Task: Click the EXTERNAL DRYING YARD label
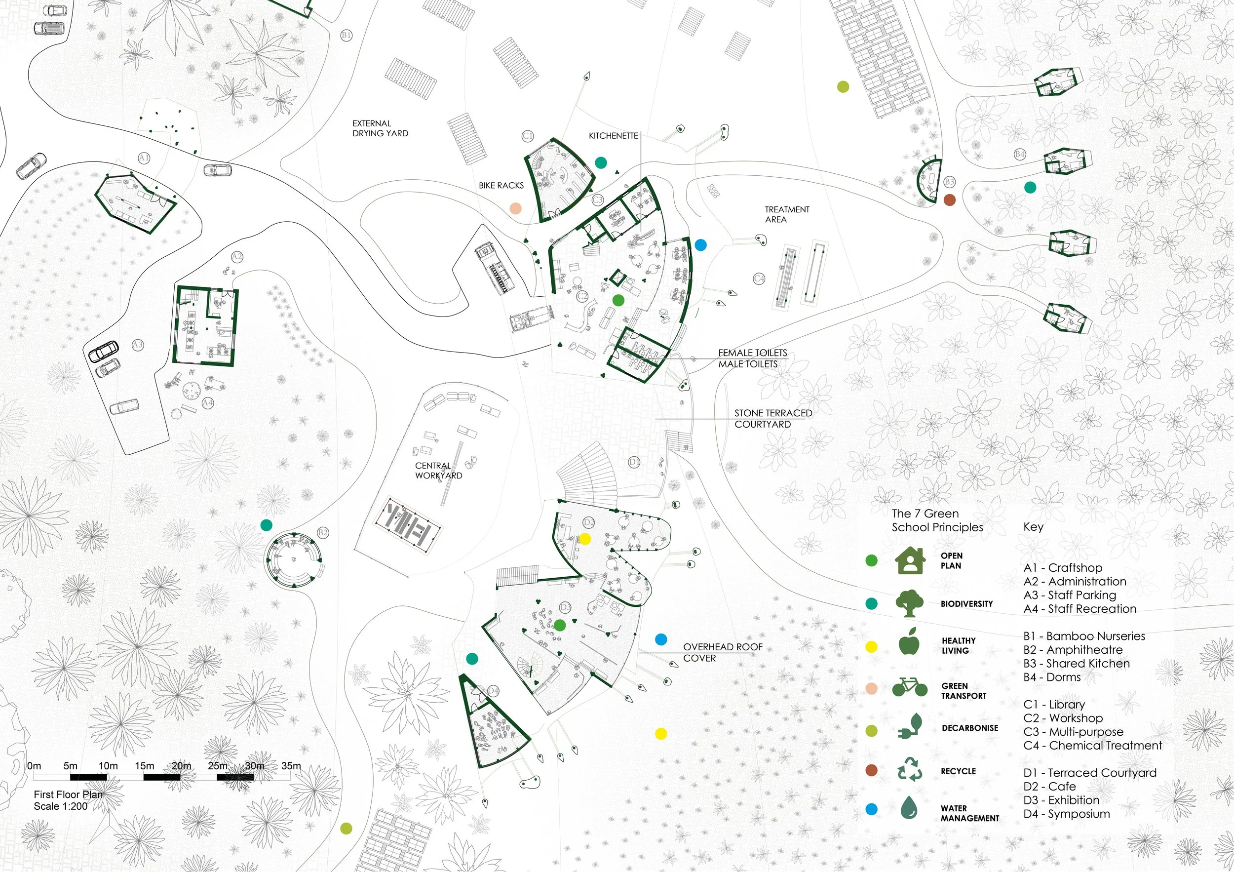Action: (380, 128)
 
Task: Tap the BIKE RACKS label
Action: (501, 186)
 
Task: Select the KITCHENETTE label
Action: (613, 136)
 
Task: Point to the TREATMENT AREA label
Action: (787, 214)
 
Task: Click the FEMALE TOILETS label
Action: (752, 353)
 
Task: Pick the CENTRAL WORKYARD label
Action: (438, 471)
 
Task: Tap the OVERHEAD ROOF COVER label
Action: (722, 652)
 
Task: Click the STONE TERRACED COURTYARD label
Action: (773, 418)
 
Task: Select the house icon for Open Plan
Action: (909, 561)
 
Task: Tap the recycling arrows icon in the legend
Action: (909, 769)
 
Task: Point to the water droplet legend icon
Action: (909, 807)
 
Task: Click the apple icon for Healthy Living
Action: (909, 642)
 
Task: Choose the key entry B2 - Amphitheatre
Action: (1073, 650)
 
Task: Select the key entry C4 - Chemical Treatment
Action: (1092, 746)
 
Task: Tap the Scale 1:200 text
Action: (60, 806)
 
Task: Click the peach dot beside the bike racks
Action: (515, 208)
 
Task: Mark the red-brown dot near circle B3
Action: (950, 199)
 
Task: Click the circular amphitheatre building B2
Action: (294, 558)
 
